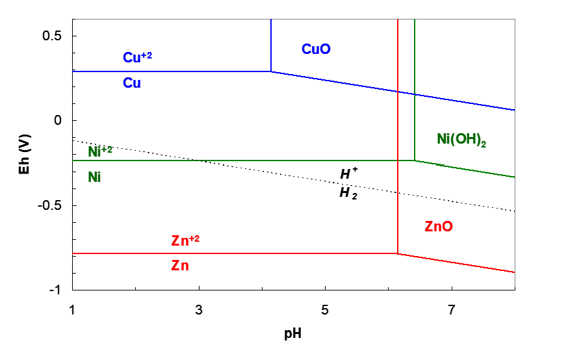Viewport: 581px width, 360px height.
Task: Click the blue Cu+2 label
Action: (x=137, y=58)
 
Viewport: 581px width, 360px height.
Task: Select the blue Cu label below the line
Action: (x=132, y=84)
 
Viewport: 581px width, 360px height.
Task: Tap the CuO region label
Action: (x=316, y=49)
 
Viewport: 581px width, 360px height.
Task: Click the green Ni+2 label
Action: (x=100, y=151)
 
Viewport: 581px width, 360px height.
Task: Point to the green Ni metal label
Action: (x=95, y=177)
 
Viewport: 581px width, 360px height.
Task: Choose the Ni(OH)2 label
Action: (x=461, y=140)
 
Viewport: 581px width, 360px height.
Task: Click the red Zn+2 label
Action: (x=185, y=240)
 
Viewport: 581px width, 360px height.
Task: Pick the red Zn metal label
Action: (x=180, y=266)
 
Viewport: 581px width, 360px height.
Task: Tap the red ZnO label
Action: (x=439, y=227)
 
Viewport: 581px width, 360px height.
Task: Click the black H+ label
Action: (x=350, y=174)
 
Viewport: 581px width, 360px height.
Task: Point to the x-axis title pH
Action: (x=294, y=335)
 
